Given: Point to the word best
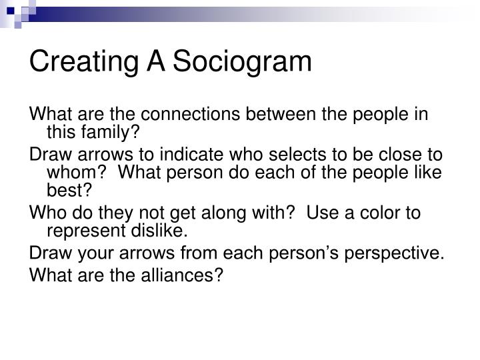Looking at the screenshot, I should click(62, 192).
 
